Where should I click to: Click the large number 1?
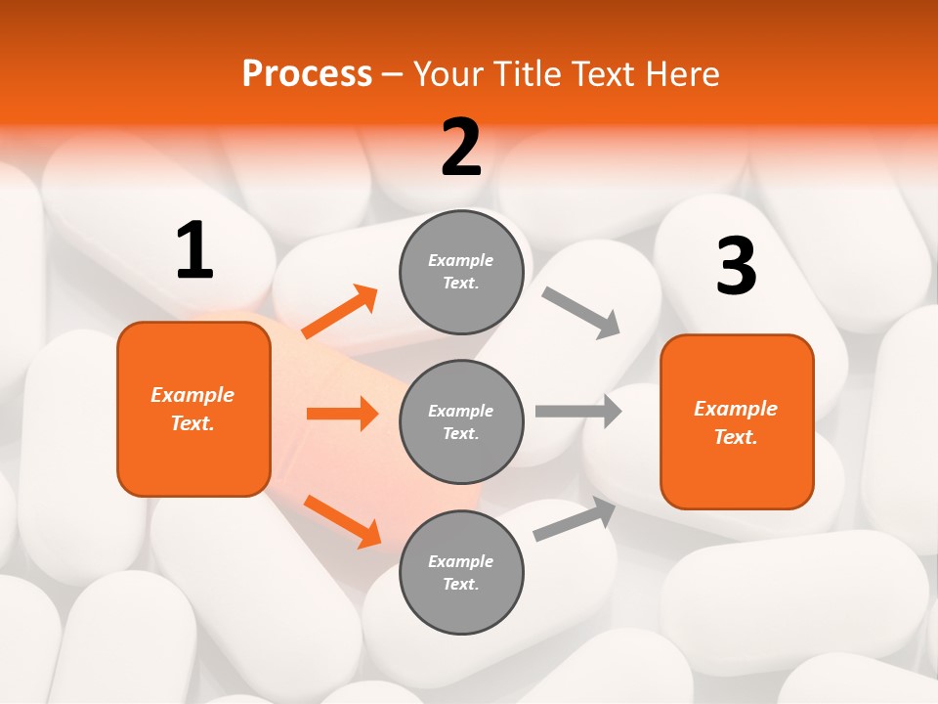(194, 251)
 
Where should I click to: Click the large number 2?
(461, 148)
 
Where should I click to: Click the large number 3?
(736, 266)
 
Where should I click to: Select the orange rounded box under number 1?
(193, 409)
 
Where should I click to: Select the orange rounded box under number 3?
(737, 421)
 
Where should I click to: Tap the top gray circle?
(461, 272)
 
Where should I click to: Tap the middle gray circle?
(461, 421)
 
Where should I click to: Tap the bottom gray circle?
(461, 572)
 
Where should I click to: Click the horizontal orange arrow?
(342, 414)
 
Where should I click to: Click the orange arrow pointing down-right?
(342, 520)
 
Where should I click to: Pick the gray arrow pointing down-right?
(581, 313)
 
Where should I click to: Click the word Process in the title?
(307, 73)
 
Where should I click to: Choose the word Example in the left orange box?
(192, 395)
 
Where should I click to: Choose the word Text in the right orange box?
(734, 437)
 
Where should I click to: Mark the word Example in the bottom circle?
(460, 561)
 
